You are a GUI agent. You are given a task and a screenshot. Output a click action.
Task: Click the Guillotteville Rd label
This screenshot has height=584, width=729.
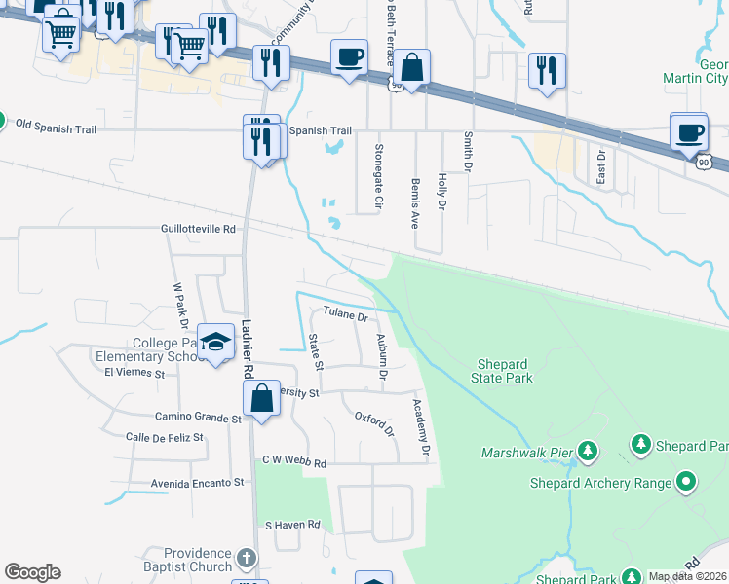point(199,230)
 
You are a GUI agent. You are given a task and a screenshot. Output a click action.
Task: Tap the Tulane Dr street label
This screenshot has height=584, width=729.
point(346,315)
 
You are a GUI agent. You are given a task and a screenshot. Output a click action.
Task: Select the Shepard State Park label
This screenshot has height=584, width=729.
point(504,371)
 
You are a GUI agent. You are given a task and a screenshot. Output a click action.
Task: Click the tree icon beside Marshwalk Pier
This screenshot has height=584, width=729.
point(587,451)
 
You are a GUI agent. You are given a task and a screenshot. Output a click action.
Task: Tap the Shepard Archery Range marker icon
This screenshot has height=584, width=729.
point(686,482)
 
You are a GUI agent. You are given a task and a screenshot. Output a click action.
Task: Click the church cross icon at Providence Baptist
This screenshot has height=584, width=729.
point(247,558)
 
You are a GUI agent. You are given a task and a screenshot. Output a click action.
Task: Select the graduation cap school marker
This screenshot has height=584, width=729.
point(215,342)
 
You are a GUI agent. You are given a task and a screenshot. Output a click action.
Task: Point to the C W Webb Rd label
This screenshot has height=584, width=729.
point(293,461)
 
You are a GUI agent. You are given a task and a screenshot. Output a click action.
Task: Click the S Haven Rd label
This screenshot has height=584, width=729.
point(293,525)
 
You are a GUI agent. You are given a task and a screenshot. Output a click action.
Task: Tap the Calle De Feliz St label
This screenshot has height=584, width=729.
point(165,438)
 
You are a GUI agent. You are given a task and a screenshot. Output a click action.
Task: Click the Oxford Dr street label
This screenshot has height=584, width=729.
point(374,424)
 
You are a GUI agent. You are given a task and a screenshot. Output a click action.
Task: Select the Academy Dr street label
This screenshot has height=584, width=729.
point(420,428)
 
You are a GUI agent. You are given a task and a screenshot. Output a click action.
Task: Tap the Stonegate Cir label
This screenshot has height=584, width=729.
point(377,177)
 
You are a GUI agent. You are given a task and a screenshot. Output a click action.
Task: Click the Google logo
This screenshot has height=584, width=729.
point(32,572)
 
